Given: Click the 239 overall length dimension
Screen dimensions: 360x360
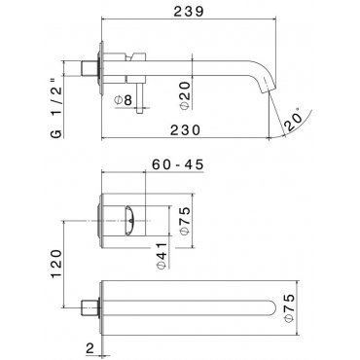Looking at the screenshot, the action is (189, 12).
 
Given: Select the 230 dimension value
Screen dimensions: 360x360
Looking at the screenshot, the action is (186, 130).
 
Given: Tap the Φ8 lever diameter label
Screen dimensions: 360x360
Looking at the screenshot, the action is (124, 100).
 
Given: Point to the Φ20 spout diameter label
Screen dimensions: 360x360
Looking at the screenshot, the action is (184, 95).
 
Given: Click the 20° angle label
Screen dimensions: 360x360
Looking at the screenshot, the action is (295, 120).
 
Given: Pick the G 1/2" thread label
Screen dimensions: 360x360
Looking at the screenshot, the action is (55, 109).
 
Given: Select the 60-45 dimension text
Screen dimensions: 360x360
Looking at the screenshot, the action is (178, 164).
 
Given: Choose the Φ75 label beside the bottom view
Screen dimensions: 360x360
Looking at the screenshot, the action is (289, 308).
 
